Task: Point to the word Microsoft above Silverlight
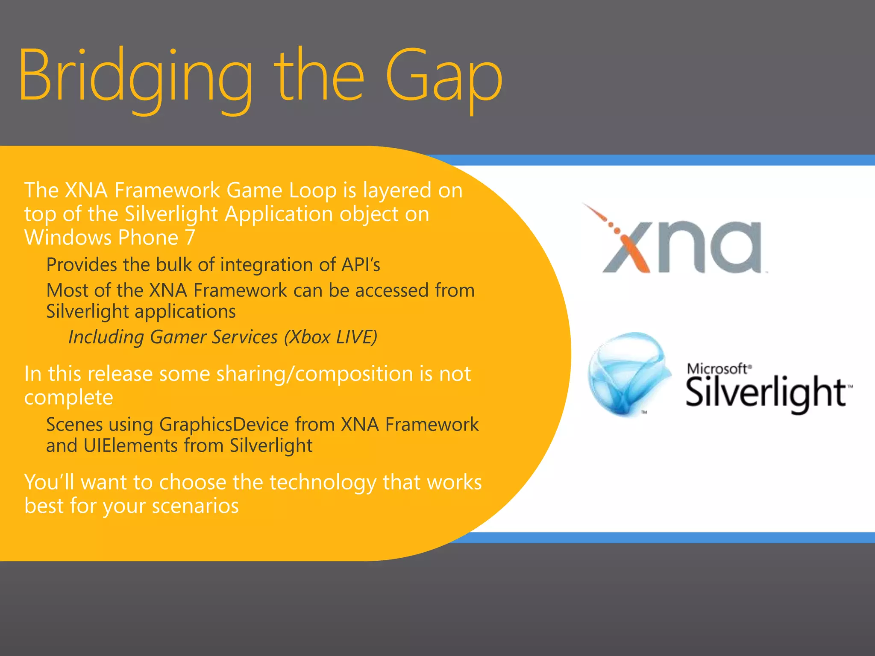[718, 368]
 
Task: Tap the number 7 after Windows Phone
[190, 237]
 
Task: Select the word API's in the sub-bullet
[361, 265]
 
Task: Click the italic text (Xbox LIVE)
[331, 337]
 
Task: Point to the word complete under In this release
[68, 398]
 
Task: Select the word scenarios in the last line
[195, 507]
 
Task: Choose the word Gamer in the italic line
[178, 337]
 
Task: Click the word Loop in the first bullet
[313, 190]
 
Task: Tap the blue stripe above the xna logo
[684, 160]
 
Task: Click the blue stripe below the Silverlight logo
[684, 537]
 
